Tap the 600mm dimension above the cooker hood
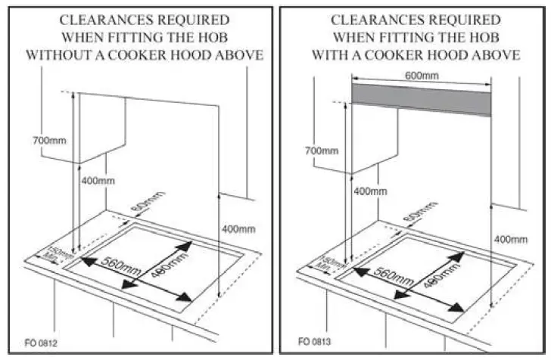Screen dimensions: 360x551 (422, 76)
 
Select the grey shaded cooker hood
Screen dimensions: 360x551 (421, 99)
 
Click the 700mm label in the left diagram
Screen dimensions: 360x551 (47, 140)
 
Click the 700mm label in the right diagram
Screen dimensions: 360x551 (321, 151)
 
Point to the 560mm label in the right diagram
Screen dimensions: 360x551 (392, 275)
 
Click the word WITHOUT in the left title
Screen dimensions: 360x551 (61, 55)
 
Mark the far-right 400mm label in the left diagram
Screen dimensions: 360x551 (239, 228)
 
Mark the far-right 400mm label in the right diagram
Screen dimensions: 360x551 (510, 239)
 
